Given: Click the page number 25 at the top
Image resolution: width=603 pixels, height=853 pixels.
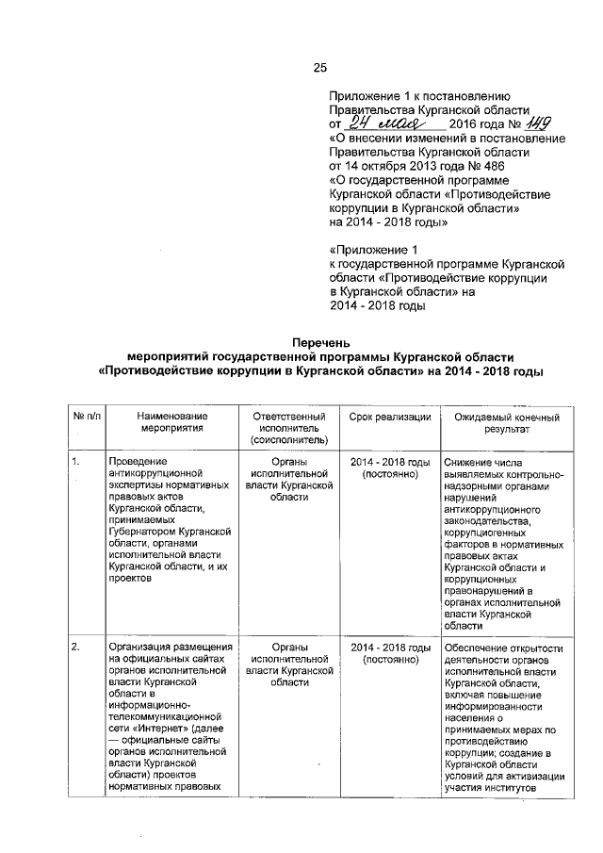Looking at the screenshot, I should tap(319, 67).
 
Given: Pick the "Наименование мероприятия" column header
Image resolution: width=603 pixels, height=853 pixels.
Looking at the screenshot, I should tap(171, 422).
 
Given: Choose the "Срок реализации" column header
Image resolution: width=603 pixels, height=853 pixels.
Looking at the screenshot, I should tap(389, 417).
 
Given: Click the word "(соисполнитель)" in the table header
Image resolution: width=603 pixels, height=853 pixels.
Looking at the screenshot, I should tap(289, 439).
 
